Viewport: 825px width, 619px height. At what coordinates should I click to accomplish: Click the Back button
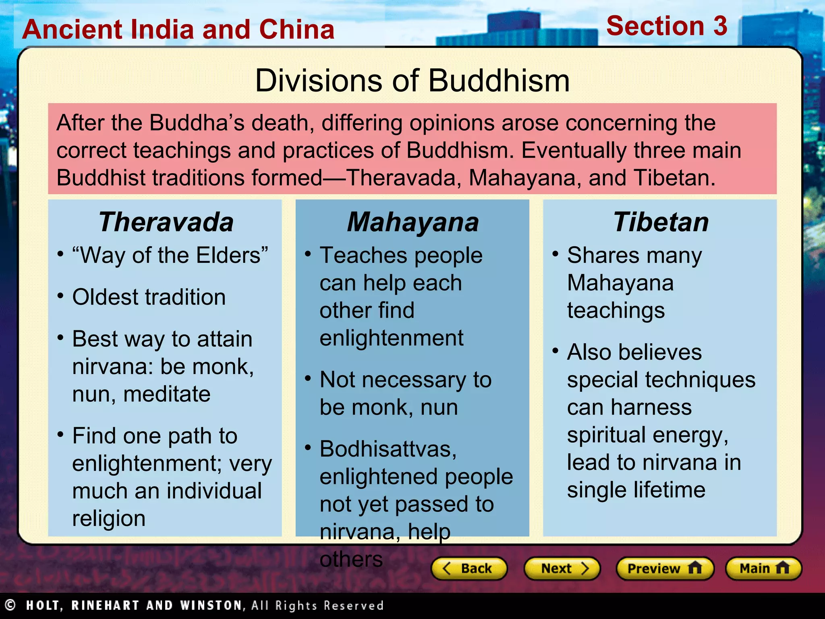[x=468, y=568]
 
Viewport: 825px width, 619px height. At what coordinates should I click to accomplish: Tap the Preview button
[x=665, y=568]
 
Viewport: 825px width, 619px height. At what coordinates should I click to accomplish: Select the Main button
[x=763, y=568]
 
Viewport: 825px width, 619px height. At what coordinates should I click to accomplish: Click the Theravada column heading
[x=166, y=222]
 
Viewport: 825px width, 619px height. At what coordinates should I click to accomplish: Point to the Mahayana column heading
[x=412, y=222]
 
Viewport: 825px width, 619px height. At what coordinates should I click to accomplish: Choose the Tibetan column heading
[x=661, y=222]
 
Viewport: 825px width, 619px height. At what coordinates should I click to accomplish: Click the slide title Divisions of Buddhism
[x=412, y=81]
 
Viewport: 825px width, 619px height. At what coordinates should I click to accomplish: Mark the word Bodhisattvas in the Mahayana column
[x=388, y=449]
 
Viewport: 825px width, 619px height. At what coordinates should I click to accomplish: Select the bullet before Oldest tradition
[x=60, y=296]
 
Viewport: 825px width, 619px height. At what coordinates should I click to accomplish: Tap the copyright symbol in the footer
[x=10, y=605]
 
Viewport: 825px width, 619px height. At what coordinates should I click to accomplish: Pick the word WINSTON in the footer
[x=211, y=605]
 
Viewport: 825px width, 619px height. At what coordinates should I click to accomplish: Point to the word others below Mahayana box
[x=351, y=559]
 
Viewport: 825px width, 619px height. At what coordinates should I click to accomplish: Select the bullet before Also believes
[x=555, y=351]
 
